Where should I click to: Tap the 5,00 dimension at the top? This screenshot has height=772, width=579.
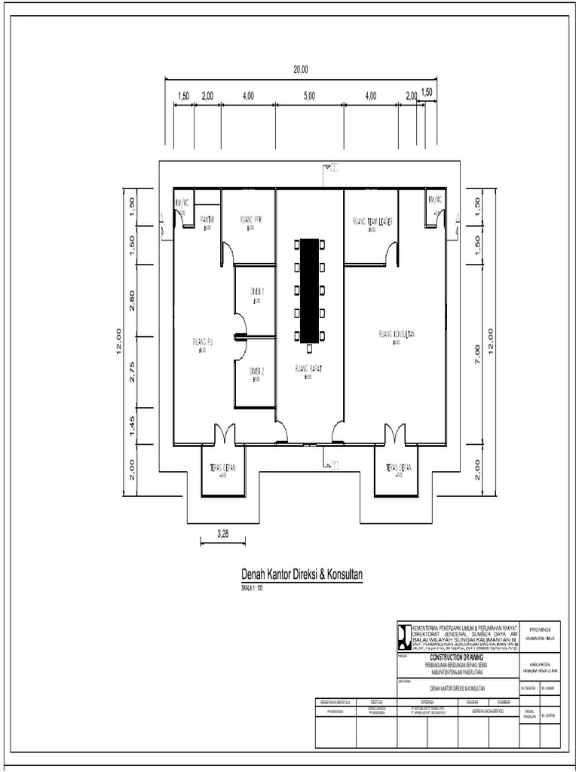[309, 96]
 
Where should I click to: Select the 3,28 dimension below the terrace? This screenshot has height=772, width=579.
[222, 534]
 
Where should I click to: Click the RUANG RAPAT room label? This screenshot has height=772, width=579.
[308, 369]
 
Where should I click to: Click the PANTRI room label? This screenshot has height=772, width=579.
[208, 219]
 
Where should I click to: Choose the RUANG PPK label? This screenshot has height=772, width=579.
[250, 219]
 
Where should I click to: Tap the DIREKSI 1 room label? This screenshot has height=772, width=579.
[256, 290]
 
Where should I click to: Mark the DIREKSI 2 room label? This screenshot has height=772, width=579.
[256, 371]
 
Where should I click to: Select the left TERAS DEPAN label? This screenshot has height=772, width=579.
[223, 467]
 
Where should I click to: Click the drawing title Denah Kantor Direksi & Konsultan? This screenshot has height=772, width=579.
[302, 574]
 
